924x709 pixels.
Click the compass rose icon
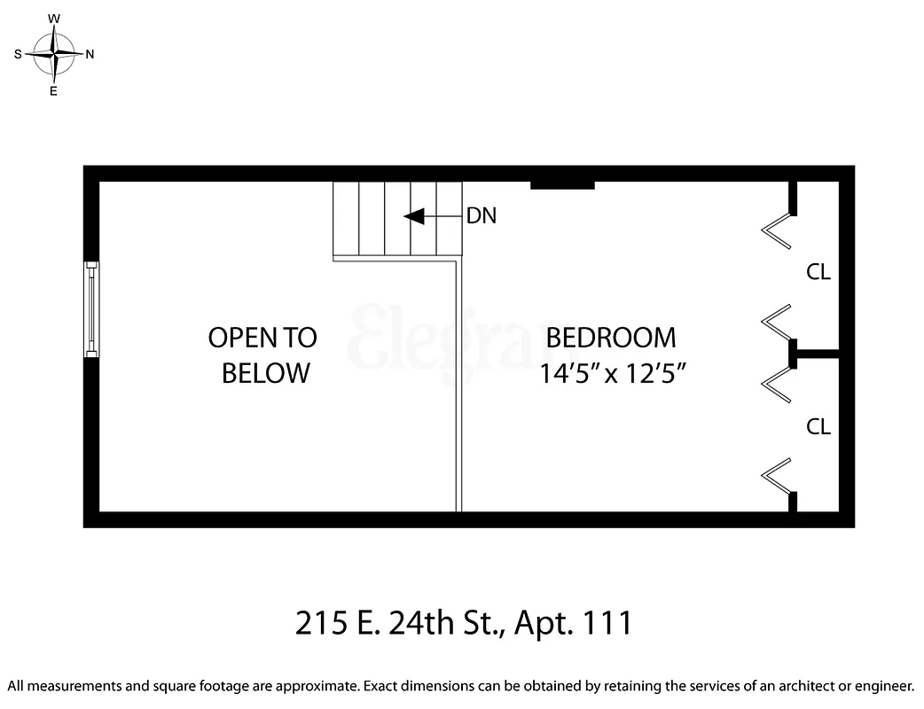(55, 54)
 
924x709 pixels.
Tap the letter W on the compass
(54, 18)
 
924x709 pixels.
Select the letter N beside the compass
(90, 54)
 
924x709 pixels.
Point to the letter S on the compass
(18, 54)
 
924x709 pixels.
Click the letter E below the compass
(54, 90)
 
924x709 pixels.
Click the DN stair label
(482, 216)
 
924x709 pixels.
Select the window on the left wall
(91, 308)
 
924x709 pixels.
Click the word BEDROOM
(610, 338)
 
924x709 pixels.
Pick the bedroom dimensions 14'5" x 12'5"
(615, 374)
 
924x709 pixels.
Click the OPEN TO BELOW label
(262, 354)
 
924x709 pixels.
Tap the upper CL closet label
(818, 273)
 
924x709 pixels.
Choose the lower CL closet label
(818, 427)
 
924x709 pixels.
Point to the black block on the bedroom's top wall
(562, 184)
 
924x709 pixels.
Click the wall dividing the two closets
(817, 354)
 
